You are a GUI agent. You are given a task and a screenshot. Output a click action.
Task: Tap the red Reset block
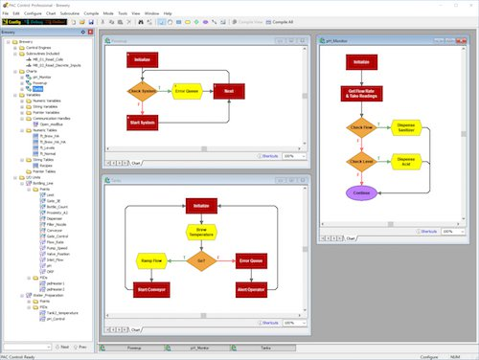click(x=229, y=92)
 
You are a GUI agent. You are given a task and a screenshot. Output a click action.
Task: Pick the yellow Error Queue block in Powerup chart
click(x=186, y=92)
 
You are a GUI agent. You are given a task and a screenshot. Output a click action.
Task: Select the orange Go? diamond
click(x=199, y=260)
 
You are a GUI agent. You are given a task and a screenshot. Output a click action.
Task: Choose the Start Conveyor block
click(x=153, y=288)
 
